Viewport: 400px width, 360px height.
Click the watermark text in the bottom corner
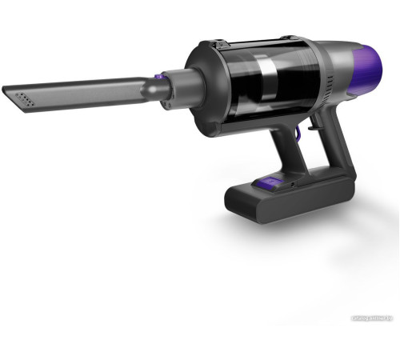[370, 351]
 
